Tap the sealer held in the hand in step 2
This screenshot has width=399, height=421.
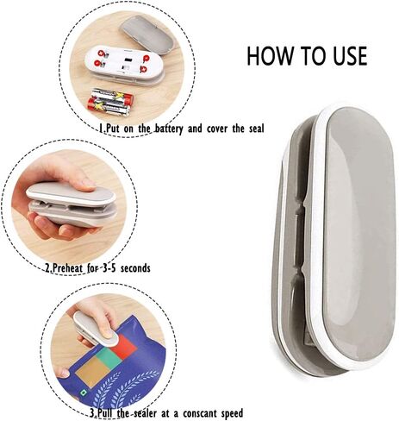click(69, 204)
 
